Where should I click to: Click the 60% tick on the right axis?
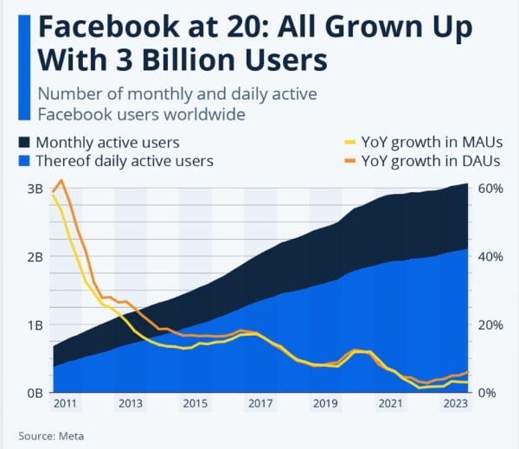(490, 189)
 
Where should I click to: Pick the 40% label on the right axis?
(490, 257)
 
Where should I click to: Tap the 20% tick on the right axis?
(490, 325)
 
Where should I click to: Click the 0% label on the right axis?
(487, 393)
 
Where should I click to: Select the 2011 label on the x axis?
(65, 404)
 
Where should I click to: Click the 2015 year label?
(195, 404)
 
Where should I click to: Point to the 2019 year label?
(325, 404)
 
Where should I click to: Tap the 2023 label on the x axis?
(455, 404)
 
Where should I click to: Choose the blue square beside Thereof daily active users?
(25, 161)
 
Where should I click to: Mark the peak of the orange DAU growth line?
(61, 180)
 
